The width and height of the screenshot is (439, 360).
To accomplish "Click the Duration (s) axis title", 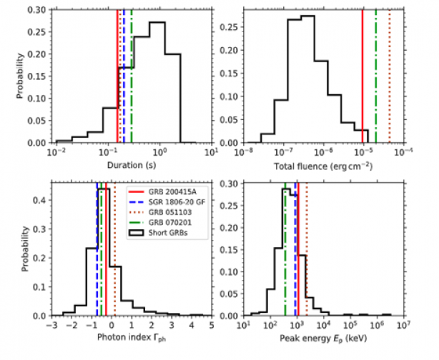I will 133,164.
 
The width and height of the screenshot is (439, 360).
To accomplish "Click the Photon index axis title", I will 133,340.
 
